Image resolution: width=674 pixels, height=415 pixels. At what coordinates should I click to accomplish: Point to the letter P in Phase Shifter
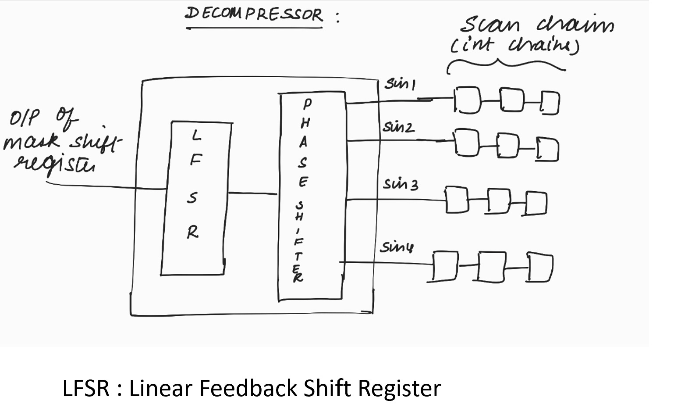308,104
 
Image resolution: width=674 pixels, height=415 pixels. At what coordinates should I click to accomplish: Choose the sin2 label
398,127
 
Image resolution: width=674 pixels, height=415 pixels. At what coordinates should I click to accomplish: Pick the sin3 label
401,184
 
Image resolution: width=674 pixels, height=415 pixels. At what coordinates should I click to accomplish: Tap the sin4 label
396,247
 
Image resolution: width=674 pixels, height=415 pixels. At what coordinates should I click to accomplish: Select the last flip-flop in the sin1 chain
550,103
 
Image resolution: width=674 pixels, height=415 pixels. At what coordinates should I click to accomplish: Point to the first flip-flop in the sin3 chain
457,200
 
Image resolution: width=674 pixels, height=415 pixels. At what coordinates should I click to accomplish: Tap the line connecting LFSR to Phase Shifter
252,193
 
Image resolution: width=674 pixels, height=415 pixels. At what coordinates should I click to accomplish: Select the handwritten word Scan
490,25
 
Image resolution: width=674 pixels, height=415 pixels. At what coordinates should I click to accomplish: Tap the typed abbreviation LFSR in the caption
86,388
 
